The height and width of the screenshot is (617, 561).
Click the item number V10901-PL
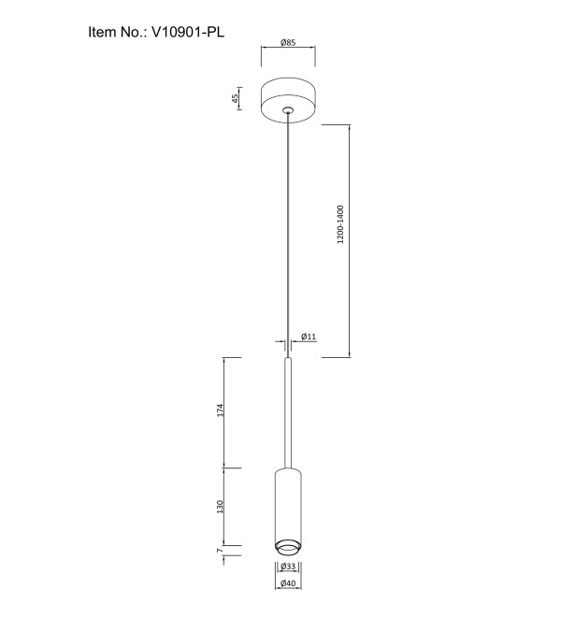coord(188,32)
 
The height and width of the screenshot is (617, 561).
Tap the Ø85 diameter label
coord(288,42)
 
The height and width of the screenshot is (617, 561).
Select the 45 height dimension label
coord(235,98)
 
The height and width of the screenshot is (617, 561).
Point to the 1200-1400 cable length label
coord(340,224)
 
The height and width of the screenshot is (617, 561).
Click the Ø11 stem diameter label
coord(309,337)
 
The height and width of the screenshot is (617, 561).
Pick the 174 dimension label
coord(220,410)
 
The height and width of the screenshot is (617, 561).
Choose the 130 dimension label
coord(220,507)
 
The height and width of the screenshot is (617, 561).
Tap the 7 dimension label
coord(220,550)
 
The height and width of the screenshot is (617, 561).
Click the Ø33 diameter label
coord(288,567)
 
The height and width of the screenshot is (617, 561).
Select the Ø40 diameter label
coord(288,583)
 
